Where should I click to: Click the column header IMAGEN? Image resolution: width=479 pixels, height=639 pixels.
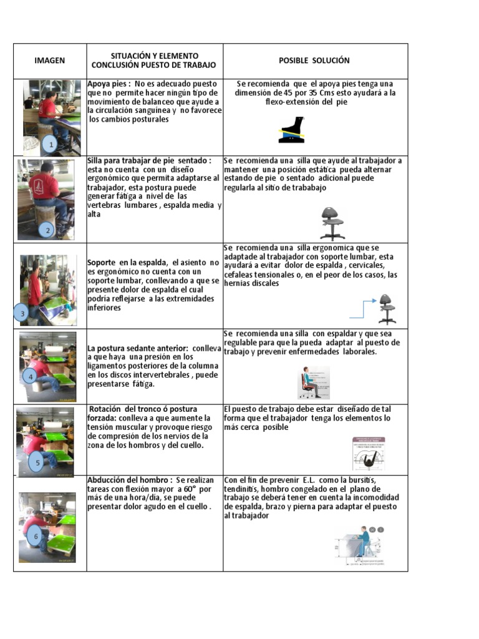click(49, 61)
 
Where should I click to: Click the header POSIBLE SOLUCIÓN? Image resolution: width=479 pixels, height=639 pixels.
click(314, 61)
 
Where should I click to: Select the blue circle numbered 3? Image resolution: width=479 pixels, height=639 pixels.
click(23, 314)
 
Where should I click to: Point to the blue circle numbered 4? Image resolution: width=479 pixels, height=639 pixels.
click(29, 376)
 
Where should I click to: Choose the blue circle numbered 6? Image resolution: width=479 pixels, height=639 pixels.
click(36, 536)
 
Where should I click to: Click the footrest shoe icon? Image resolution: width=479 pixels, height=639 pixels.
click(292, 132)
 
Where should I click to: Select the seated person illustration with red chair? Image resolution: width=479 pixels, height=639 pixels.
click(313, 382)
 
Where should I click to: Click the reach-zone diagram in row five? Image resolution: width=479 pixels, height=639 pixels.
click(369, 454)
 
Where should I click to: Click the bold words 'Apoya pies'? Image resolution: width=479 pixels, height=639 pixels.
click(109, 84)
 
